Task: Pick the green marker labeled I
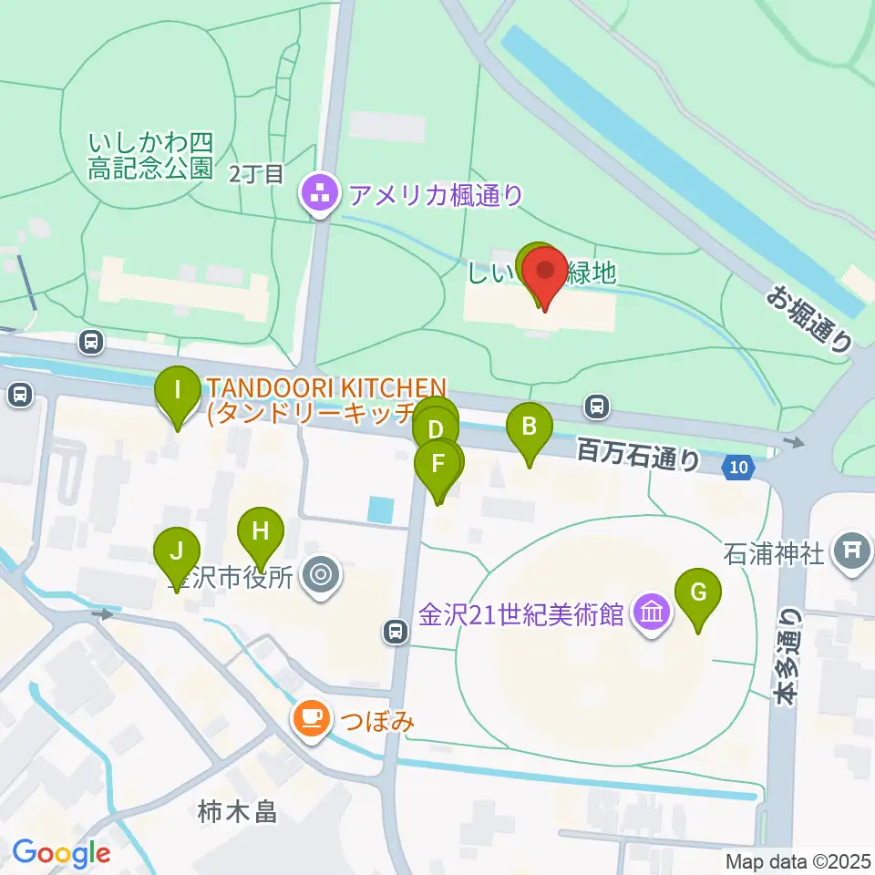pyautogui.click(x=178, y=395)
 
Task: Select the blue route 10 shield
pyautogui.click(x=739, y=468)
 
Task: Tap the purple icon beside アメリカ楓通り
pyautogui.click(x=318, y=194)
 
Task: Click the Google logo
pyautogui.click(x=61, y=853)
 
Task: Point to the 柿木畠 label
pyautogui.click(x=237, y=810)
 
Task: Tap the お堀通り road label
pyautogui.click(x=810, y=318)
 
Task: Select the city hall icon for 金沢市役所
pyautogui.click(x=320, y=575)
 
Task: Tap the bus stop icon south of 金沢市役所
pyautogui.click(x=395, y=630)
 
